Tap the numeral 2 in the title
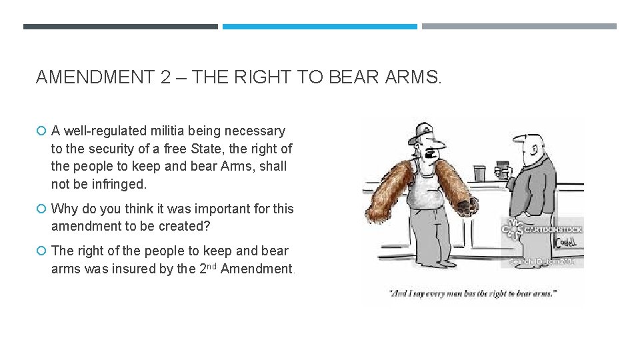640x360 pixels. tap(165, 78)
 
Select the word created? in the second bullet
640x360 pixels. tap(184, 226)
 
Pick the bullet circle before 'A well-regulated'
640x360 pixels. tap(41, 131)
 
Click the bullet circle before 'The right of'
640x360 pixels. tap(41, 251)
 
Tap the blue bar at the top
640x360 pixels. tap(319, 27)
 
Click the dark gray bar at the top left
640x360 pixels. tap(120, 27)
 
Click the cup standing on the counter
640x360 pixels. tap(479, 173)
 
